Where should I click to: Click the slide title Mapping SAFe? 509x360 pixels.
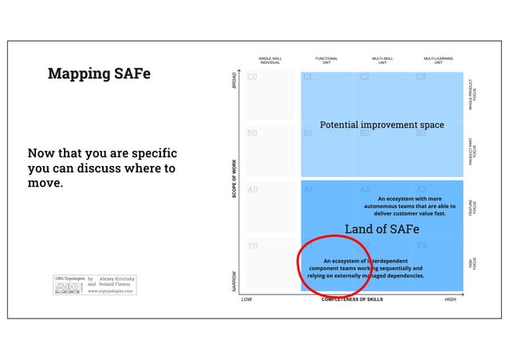tap(98, 74)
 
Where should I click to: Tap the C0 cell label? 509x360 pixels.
tap(252, 77)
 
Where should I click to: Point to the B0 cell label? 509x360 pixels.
tap(252, 133)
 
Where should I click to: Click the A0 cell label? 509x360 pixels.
tap(252, 190)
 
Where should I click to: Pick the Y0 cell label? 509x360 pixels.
tap(252, 246)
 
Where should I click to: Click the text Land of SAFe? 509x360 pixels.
tap(381, 229)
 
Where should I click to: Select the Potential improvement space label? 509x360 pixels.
tap(381, 125)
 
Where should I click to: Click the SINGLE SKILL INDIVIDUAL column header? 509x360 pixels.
tap(270, 60)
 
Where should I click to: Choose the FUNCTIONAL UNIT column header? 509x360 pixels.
tap(326, 60)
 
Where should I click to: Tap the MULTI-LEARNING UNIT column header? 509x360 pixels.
tap(438, 60)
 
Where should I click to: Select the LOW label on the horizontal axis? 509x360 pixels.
tap(247, 300)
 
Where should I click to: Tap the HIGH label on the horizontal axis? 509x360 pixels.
tap(450, 300)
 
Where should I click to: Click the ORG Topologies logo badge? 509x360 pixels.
tap(69, 284)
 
